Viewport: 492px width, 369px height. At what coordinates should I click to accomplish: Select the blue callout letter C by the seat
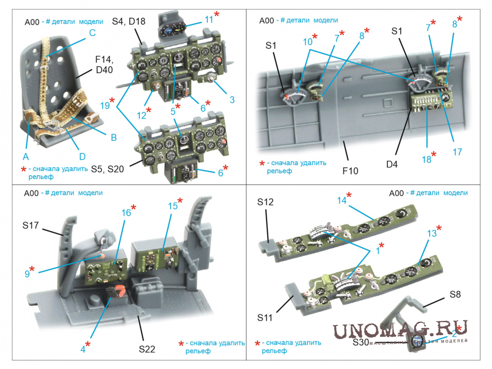92,33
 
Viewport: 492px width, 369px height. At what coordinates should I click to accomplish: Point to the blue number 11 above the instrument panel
208,20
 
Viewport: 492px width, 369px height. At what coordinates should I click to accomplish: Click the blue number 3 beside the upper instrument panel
232,100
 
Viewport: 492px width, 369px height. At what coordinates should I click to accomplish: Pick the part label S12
265,203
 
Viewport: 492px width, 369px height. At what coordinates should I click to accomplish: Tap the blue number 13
431,233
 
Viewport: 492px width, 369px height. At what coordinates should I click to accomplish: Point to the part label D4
392,164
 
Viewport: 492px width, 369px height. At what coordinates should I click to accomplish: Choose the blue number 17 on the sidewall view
457,152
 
